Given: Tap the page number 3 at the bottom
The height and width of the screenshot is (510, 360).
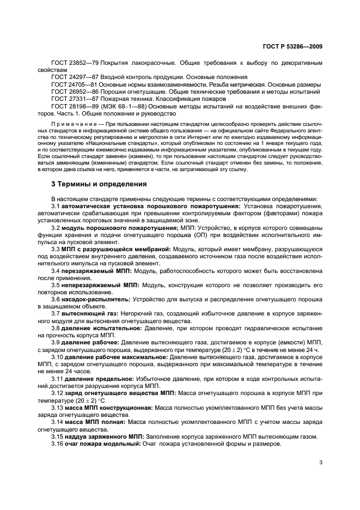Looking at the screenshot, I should click(321, 463).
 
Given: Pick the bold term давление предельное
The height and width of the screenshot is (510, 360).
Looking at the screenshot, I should click(97, 392).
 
